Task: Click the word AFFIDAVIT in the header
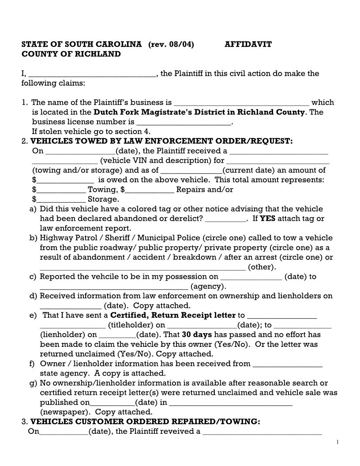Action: coord(248,44)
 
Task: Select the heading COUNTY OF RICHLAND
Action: coord(71,54)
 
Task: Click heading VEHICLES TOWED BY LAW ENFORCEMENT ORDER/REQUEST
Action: coord(161,141)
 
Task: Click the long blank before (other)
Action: coord(142,267)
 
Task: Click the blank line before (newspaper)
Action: coord(230,402)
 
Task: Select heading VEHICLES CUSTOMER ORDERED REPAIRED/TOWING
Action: coord(145,421)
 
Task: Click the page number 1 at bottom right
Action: coord(337,442)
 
